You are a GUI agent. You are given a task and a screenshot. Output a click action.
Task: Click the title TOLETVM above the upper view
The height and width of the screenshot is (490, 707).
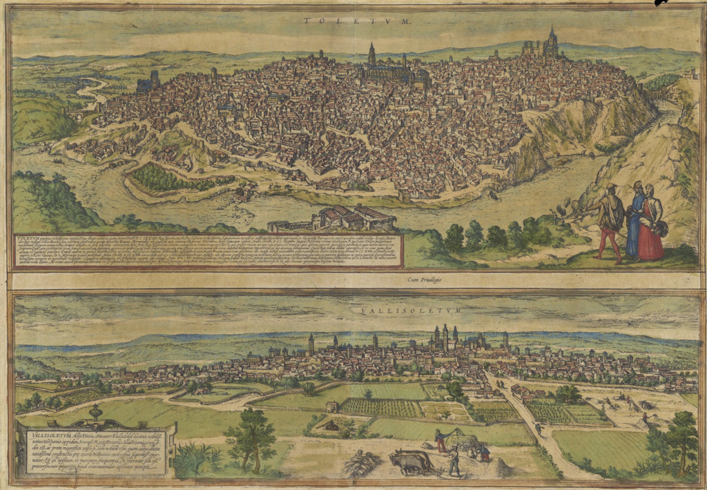[x=356, y=21]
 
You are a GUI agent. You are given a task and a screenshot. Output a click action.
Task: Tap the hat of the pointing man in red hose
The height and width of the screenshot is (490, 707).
[x=611, y=188]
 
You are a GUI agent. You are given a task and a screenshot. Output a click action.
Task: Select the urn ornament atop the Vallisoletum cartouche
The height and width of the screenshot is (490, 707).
[x=95, y=411]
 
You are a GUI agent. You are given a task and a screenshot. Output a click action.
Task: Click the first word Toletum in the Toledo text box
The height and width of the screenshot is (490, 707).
[x=26, y=239]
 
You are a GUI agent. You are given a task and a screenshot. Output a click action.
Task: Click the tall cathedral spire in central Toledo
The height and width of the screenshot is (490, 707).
[x=371, y=55]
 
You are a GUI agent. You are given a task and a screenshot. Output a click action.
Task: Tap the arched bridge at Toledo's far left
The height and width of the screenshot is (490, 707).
[x=78, y=113]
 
